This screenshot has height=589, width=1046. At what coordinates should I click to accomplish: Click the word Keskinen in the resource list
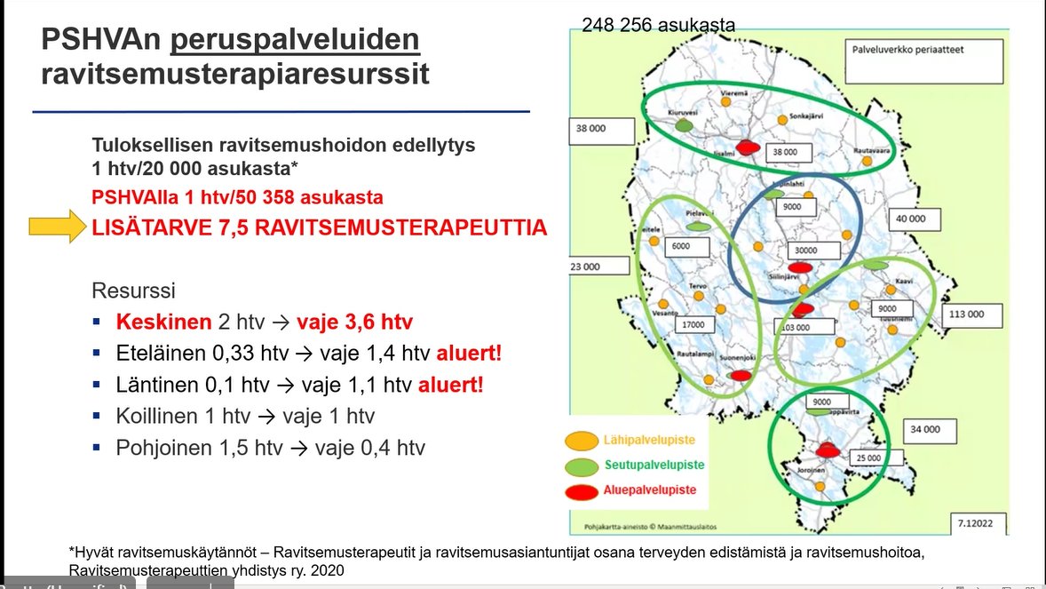(163, 322)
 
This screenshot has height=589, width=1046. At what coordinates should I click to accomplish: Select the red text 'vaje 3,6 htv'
(355, 322)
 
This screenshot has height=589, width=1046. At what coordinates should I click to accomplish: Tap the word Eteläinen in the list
(160, 354)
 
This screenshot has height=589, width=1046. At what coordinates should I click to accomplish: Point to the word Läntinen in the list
(156, 386)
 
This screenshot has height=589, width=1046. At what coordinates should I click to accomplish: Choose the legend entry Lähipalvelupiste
(655, 440)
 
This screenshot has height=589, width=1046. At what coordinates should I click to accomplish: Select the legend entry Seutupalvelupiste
(655, 465)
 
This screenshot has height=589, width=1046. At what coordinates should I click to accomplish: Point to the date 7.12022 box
(977, 521)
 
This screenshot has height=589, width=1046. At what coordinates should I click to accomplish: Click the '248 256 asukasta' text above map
(658, 25)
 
